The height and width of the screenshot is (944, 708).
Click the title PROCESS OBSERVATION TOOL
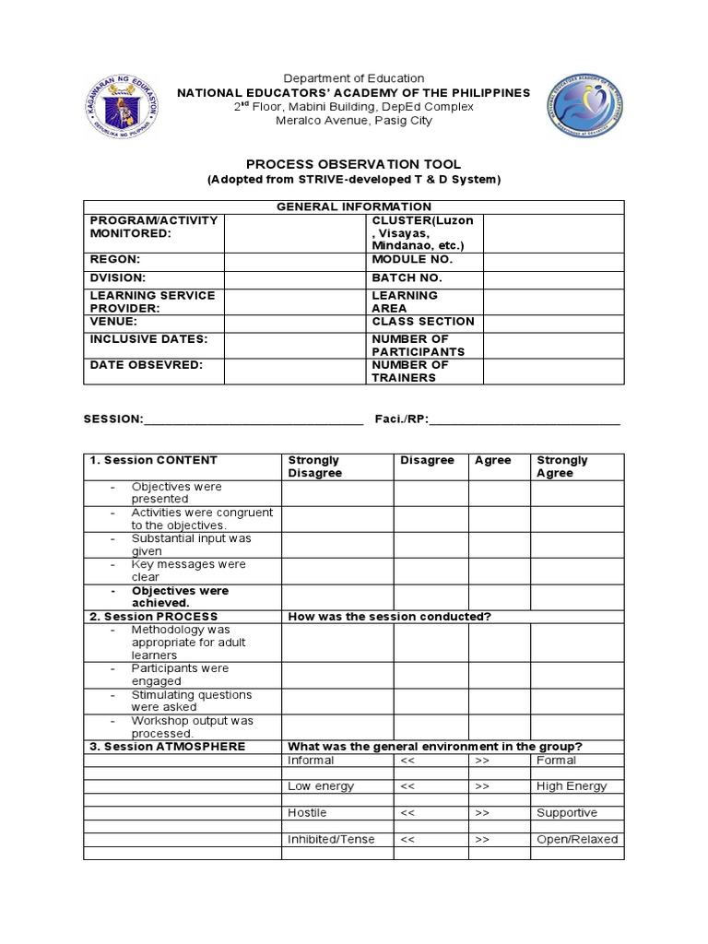click(354, 164)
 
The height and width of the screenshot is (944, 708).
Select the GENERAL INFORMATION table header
click(354, 206)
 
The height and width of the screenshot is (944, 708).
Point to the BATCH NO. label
click(407, 277)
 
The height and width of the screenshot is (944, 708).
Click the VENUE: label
click(113, 322)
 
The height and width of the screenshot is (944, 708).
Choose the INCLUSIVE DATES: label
click(148, 339)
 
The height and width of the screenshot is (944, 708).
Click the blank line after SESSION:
click(254, 419)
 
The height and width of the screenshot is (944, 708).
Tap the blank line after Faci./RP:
click(525, 419)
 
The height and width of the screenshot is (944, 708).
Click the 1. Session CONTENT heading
click(153, 460)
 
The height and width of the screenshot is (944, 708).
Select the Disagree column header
click(427, 460)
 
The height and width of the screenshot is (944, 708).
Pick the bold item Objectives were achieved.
click(180, 596)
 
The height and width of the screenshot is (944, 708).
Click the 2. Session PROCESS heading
click(153, 617)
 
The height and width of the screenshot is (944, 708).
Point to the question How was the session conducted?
click(389, 617)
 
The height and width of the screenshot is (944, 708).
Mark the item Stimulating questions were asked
click(191, 701)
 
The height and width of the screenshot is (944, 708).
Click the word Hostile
click(307, 813)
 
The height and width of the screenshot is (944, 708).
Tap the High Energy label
click(572, 786)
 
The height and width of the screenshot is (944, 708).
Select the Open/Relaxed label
click(577, 840)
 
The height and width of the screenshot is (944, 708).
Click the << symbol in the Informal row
click(408, 761)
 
